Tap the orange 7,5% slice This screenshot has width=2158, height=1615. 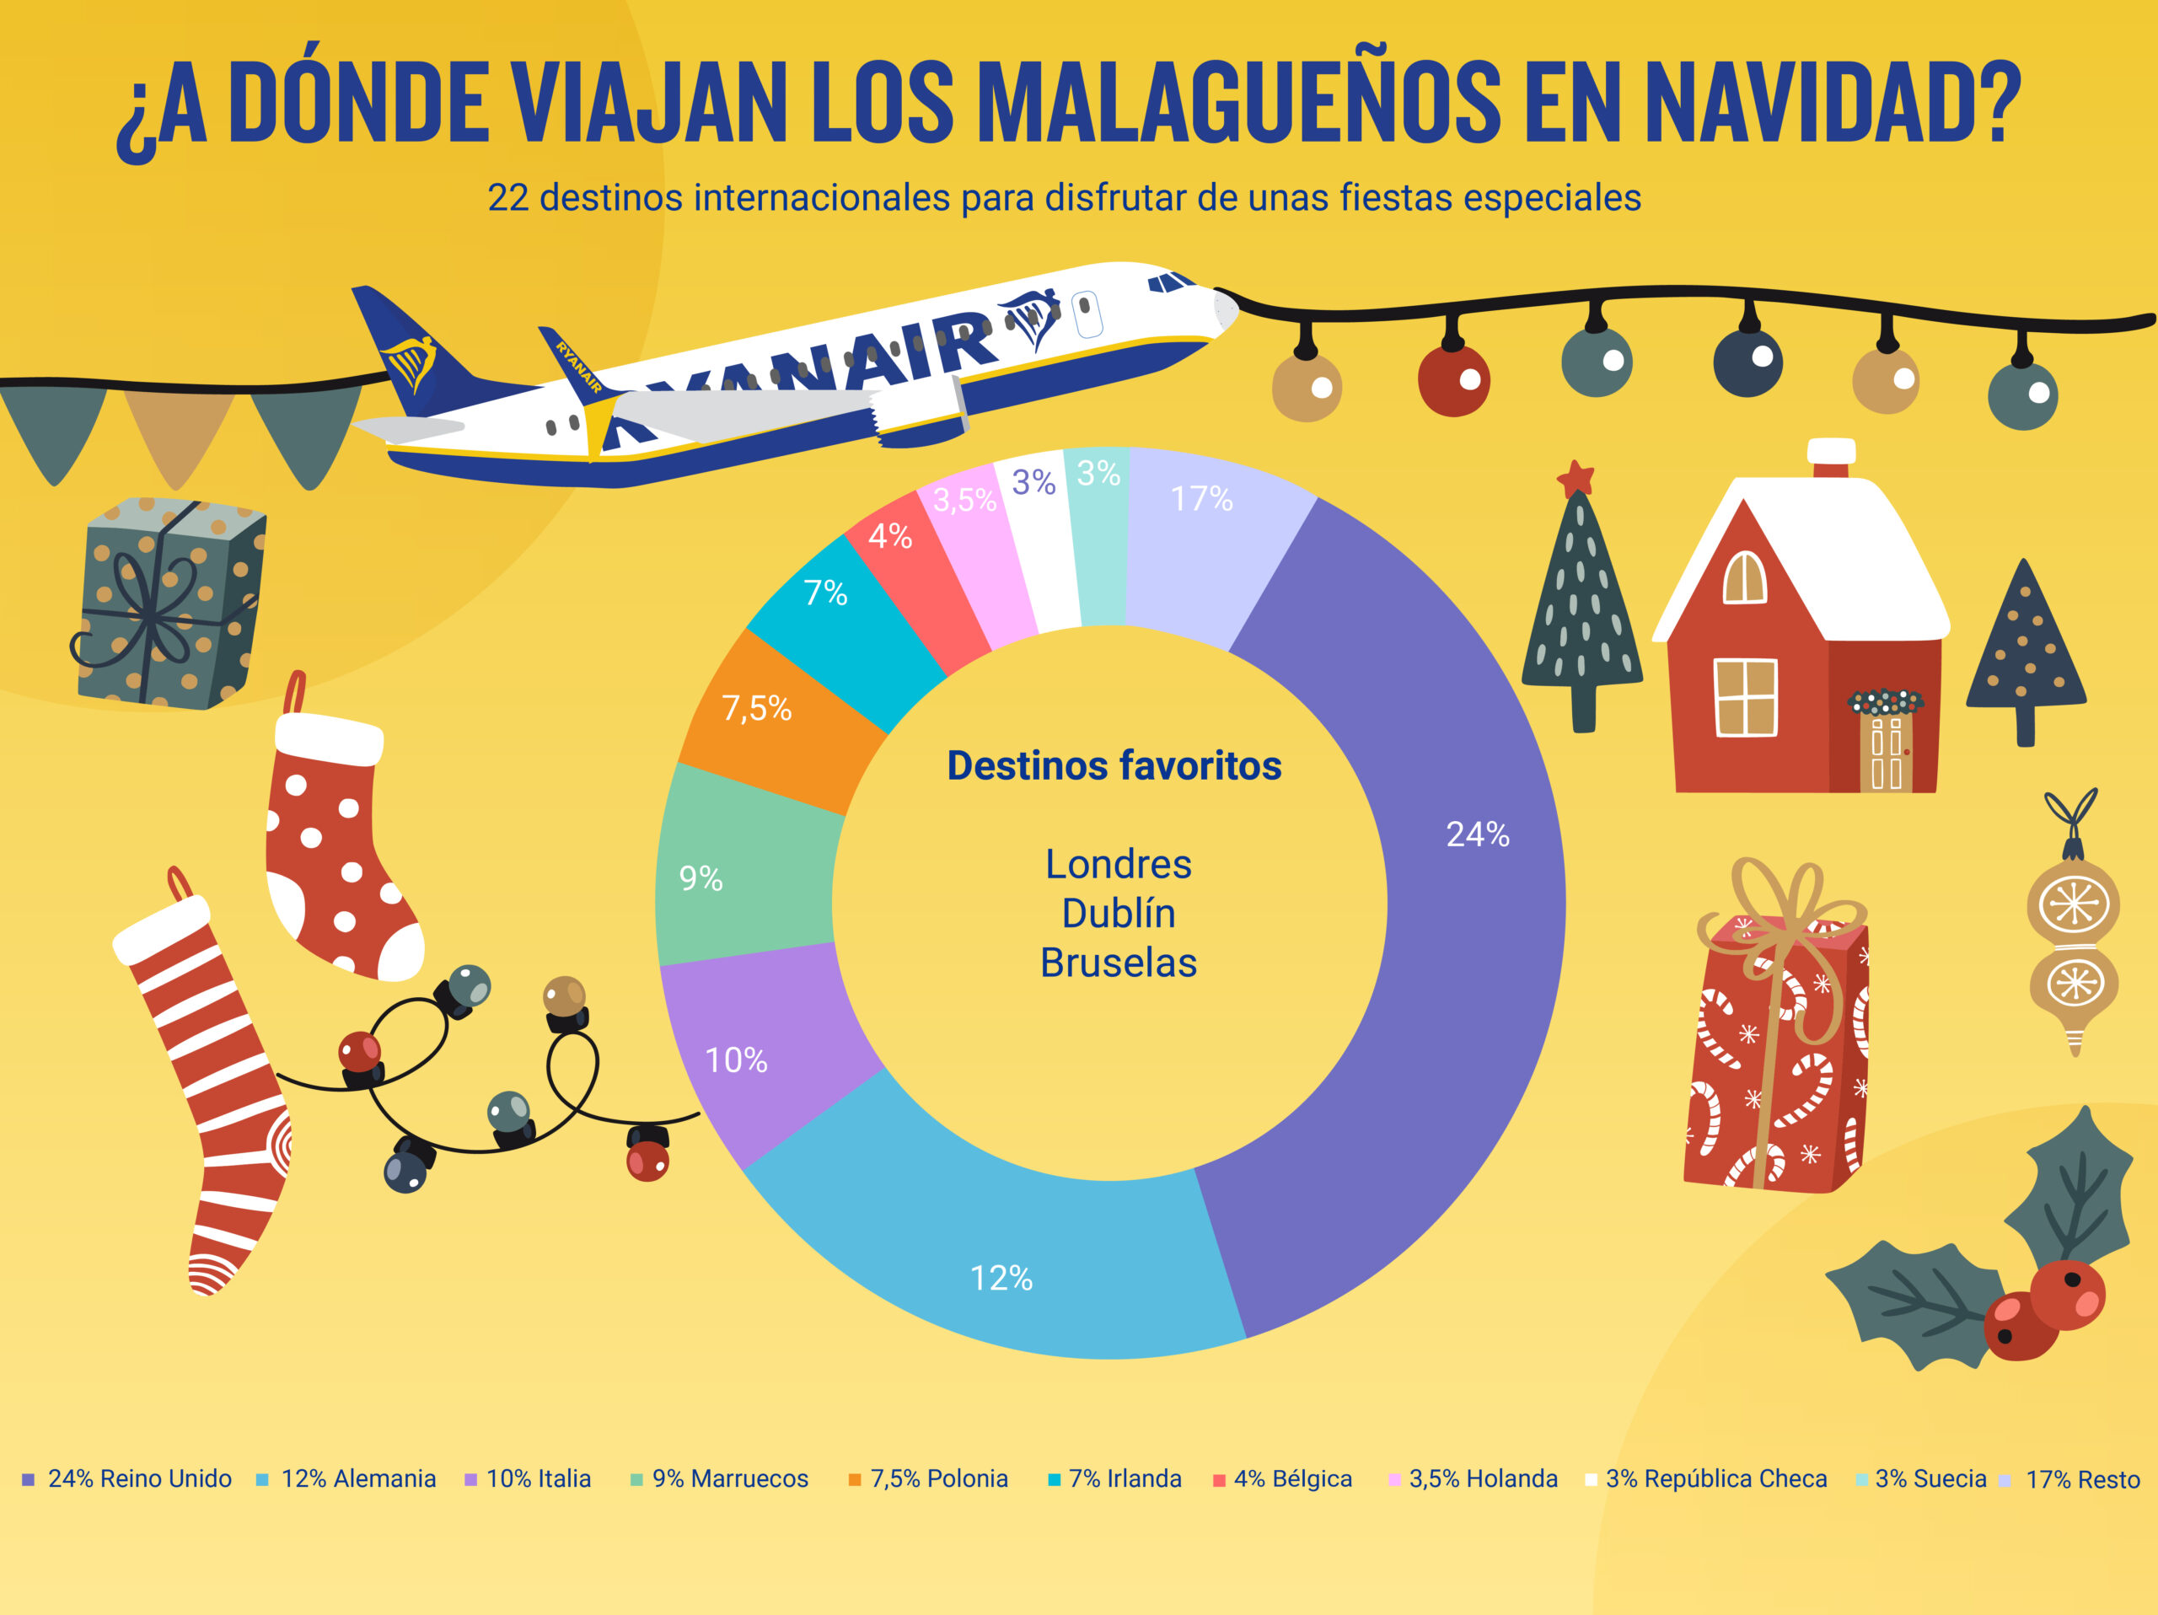point(770,722)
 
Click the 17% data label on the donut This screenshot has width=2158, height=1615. point(1201,499)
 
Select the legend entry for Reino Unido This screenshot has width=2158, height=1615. point(128,1478)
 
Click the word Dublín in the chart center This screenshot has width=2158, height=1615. point(1118,914)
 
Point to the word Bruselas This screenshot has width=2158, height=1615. point(1118,963)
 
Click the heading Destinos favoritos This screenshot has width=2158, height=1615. point(1114,765)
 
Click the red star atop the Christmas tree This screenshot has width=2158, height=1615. point(1576,478)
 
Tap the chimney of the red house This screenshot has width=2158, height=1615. point(1831,459)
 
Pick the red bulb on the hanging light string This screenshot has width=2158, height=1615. point(1452,380)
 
